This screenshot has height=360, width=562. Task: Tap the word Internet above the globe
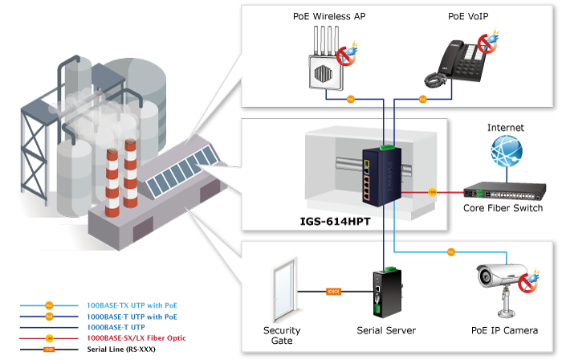pyautogui.click(x=507, y=129)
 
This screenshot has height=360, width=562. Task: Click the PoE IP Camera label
pyautogui.click(x=505, y=330)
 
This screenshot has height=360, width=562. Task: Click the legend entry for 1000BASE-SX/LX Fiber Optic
pyautogui.click(x=136, y=338)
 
